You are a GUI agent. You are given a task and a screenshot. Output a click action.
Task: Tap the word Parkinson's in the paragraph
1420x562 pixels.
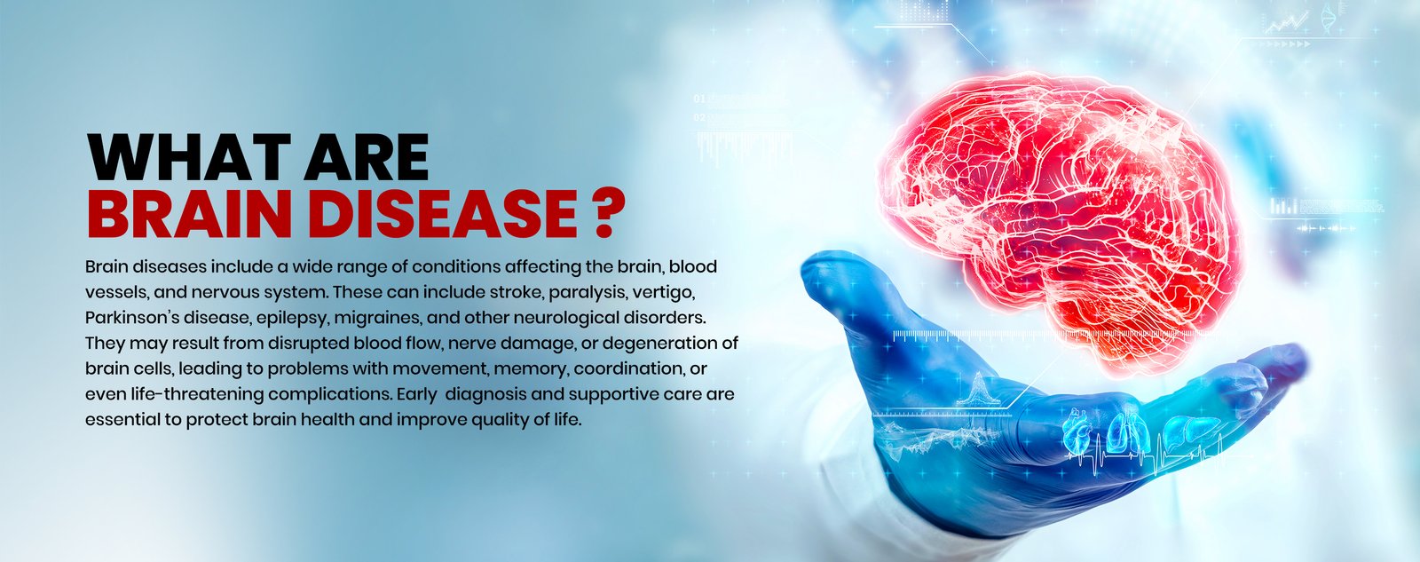[x=132, y=318]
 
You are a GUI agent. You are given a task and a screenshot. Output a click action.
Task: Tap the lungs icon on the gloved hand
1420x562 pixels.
[x=1124, y=433]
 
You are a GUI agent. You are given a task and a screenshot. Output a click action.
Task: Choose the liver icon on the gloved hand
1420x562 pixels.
[x=1185, y=431]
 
